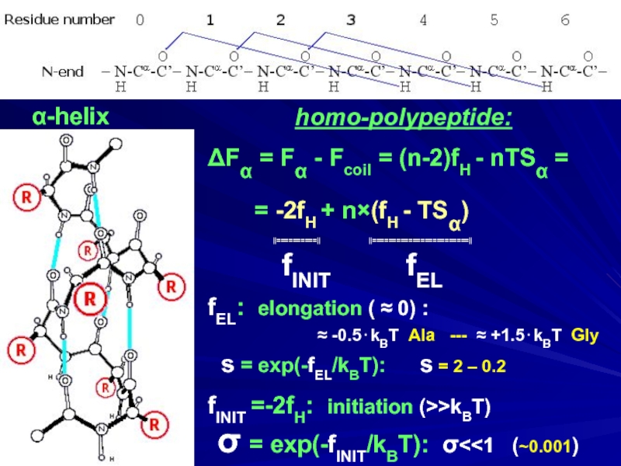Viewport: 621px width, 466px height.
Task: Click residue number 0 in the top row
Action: coord(140,21)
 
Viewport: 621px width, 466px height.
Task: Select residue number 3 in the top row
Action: coord(352,21)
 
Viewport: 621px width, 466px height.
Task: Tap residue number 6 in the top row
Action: coord(565,21)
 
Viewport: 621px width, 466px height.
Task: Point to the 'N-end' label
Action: coord(62,71)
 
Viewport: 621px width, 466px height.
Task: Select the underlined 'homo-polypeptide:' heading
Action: coord(403,119)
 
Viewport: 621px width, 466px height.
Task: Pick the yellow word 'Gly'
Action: coord(585,336)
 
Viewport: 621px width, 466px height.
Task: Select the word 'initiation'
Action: coord(369,407)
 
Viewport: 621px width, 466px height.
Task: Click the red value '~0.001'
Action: coord(548,447)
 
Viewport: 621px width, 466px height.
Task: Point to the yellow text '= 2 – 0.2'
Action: coord(473,365)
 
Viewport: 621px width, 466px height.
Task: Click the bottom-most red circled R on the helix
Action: coord(154,424)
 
